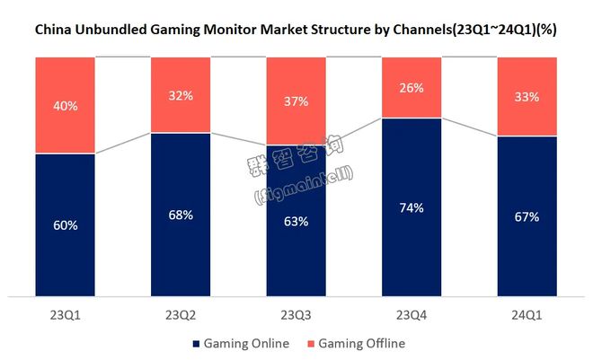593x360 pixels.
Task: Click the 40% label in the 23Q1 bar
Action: tap(66, 106)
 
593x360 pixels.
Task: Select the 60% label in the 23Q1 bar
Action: tap(66, 225)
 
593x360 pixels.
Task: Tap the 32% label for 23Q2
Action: tap(181, 95)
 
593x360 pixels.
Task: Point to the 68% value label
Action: tap(181, 215)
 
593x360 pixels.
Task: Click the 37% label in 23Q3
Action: tap(296, 101)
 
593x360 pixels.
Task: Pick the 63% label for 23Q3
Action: tap(296, 221)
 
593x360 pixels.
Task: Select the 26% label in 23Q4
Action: tap(412, 87)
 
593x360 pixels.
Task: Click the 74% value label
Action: tap(412, 207)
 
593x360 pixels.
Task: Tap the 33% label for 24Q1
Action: tap(527, 97)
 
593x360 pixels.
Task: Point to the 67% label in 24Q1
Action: tap(527, 216)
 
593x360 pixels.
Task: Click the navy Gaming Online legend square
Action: tap(195, 344)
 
